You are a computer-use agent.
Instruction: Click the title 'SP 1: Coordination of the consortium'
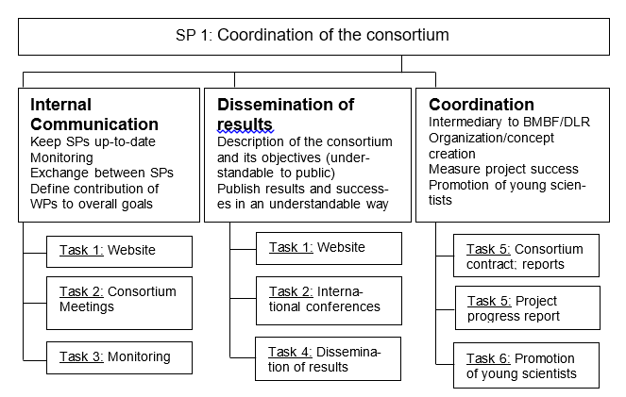click(313, 35)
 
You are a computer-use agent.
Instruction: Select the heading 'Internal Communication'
click(94, 114)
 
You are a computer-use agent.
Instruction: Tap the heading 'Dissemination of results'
click(285, 114)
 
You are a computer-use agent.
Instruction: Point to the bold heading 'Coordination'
click(482, 105)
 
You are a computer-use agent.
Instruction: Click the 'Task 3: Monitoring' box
click(119, 357)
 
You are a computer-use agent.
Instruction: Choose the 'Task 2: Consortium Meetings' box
click(119, 303)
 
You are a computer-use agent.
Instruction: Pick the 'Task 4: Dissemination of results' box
click(329, 358)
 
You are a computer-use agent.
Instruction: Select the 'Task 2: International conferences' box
click(329, 301)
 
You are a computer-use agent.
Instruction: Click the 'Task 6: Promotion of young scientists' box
click(526, 365)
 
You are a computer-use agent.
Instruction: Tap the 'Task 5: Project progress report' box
click(528, 307)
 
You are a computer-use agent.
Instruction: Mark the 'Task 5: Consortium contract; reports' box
click(526, 256)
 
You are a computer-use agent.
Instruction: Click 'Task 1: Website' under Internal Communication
click(119, 252)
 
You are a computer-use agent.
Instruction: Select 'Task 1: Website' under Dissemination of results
click(329, 248)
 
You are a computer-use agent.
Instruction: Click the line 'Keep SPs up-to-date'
click(93, 141)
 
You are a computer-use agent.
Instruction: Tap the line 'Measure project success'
click(503, 170)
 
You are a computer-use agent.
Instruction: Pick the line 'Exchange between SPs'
click(102, 173)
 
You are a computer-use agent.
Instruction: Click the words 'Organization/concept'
click(491, 139)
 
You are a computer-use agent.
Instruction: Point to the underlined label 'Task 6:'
click(488, 358)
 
